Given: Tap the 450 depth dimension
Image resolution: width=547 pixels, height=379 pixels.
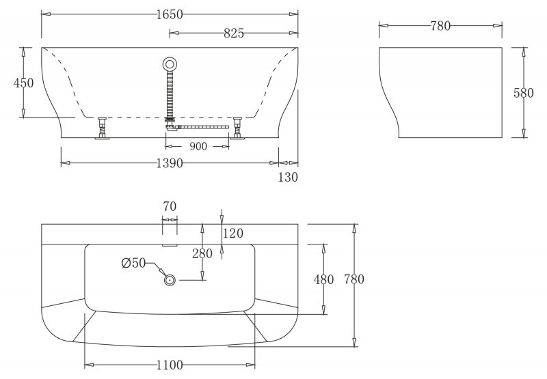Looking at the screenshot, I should [x=24, y=83].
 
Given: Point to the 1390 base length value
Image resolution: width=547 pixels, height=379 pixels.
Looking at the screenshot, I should [x=170, y=163].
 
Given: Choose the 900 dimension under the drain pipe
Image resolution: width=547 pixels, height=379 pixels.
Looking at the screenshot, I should [x=198, y=146].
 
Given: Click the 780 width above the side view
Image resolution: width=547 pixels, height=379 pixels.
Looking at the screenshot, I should [x=440, y=26].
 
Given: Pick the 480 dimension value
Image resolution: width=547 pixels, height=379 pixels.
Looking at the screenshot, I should [x=323, y=279].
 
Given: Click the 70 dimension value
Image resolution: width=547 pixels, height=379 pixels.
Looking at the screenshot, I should [x=170, y=205].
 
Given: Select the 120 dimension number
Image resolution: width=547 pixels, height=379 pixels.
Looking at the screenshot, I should [x=233, y=234].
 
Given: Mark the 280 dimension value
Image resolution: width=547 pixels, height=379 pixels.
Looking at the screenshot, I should [x=202, y=253].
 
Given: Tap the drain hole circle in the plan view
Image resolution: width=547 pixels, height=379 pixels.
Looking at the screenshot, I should [x=170, y=279].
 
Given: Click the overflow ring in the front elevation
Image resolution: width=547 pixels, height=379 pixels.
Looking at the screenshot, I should [x=170, y=65].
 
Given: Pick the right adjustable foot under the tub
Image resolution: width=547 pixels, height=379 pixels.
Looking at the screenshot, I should [x=238, y=127].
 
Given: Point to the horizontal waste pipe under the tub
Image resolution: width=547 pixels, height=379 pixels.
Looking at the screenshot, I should [x=202, y=126].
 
